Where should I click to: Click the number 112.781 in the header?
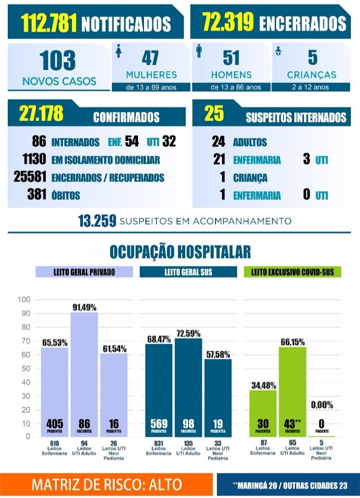tap(48, 23)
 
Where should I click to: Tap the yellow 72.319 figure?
tap(228, 22)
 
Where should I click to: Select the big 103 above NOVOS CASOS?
tap(58, 60)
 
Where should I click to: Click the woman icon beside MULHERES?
tap(119, 51)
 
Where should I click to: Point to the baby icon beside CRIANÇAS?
tap(278, 51)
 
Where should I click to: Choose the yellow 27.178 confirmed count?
tap(41, 113)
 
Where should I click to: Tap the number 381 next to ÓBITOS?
tap(36, 195)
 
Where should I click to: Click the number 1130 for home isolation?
tap(34, 159)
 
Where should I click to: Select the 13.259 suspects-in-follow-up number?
tap(97, 221)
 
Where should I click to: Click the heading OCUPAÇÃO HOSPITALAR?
tap(180, 252)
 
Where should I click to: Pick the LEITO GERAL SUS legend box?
tap(188, 272)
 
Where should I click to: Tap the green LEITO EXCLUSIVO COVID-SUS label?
tap(293, 272)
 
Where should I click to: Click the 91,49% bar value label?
tap(84, 308)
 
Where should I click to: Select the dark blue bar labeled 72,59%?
tap(188, 387)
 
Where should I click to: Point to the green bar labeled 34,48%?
tap(263, 413)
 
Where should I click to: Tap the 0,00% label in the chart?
tap(322, 405)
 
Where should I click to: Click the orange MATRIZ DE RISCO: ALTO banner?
tap(107, 485)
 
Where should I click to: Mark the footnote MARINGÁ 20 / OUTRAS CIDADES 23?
tap(290, 485)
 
